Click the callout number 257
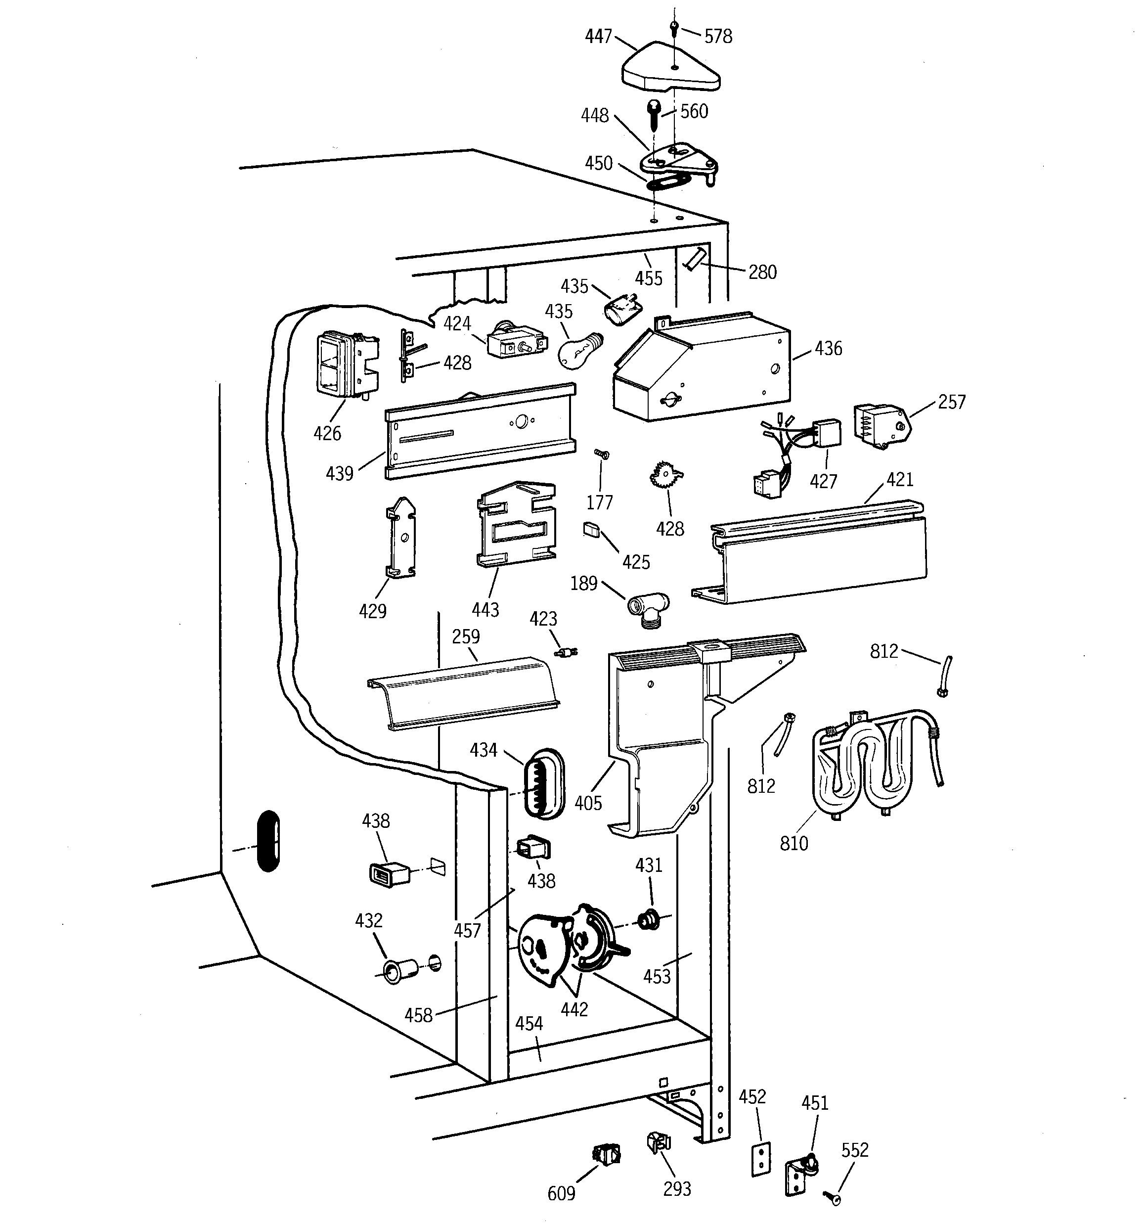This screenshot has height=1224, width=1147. click(951, 402)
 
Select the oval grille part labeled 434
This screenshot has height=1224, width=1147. click(542, 783)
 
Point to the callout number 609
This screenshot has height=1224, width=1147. click(561, 1193)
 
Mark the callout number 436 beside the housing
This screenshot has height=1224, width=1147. click(828, 349)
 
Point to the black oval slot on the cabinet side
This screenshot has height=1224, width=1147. click(268, 840)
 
